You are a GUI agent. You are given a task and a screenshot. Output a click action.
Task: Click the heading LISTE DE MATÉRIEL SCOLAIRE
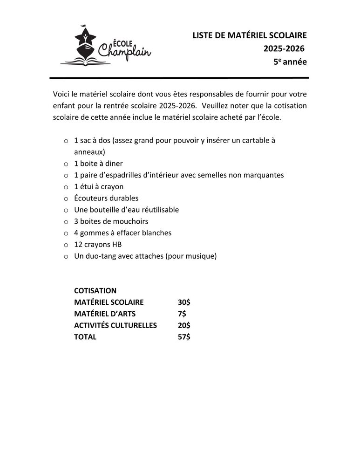point(250,35)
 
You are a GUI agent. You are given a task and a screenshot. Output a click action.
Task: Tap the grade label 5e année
point(290,61)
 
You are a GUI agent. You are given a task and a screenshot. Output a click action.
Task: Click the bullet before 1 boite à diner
point(66,164)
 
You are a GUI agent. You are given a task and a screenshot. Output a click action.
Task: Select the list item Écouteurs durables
point(106,198)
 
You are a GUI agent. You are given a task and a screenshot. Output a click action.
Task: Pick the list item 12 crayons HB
point(98,244)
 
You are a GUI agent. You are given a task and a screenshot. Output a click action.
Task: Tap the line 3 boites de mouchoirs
point(111,221)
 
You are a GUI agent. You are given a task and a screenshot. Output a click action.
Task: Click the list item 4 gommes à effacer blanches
point(122,233)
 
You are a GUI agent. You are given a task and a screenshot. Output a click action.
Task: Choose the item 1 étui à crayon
point(99,186)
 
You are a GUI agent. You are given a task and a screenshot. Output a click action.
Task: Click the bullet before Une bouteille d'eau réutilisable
point(66,210)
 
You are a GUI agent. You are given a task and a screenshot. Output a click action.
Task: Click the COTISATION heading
point(95,290)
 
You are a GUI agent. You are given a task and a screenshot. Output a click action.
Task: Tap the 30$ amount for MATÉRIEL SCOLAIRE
point(184,302)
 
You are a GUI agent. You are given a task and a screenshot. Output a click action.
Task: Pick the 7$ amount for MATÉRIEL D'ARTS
point(182,314)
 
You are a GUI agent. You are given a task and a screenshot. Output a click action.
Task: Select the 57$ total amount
point(184,337)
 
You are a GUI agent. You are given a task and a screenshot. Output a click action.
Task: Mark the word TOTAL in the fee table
point(85,337)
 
